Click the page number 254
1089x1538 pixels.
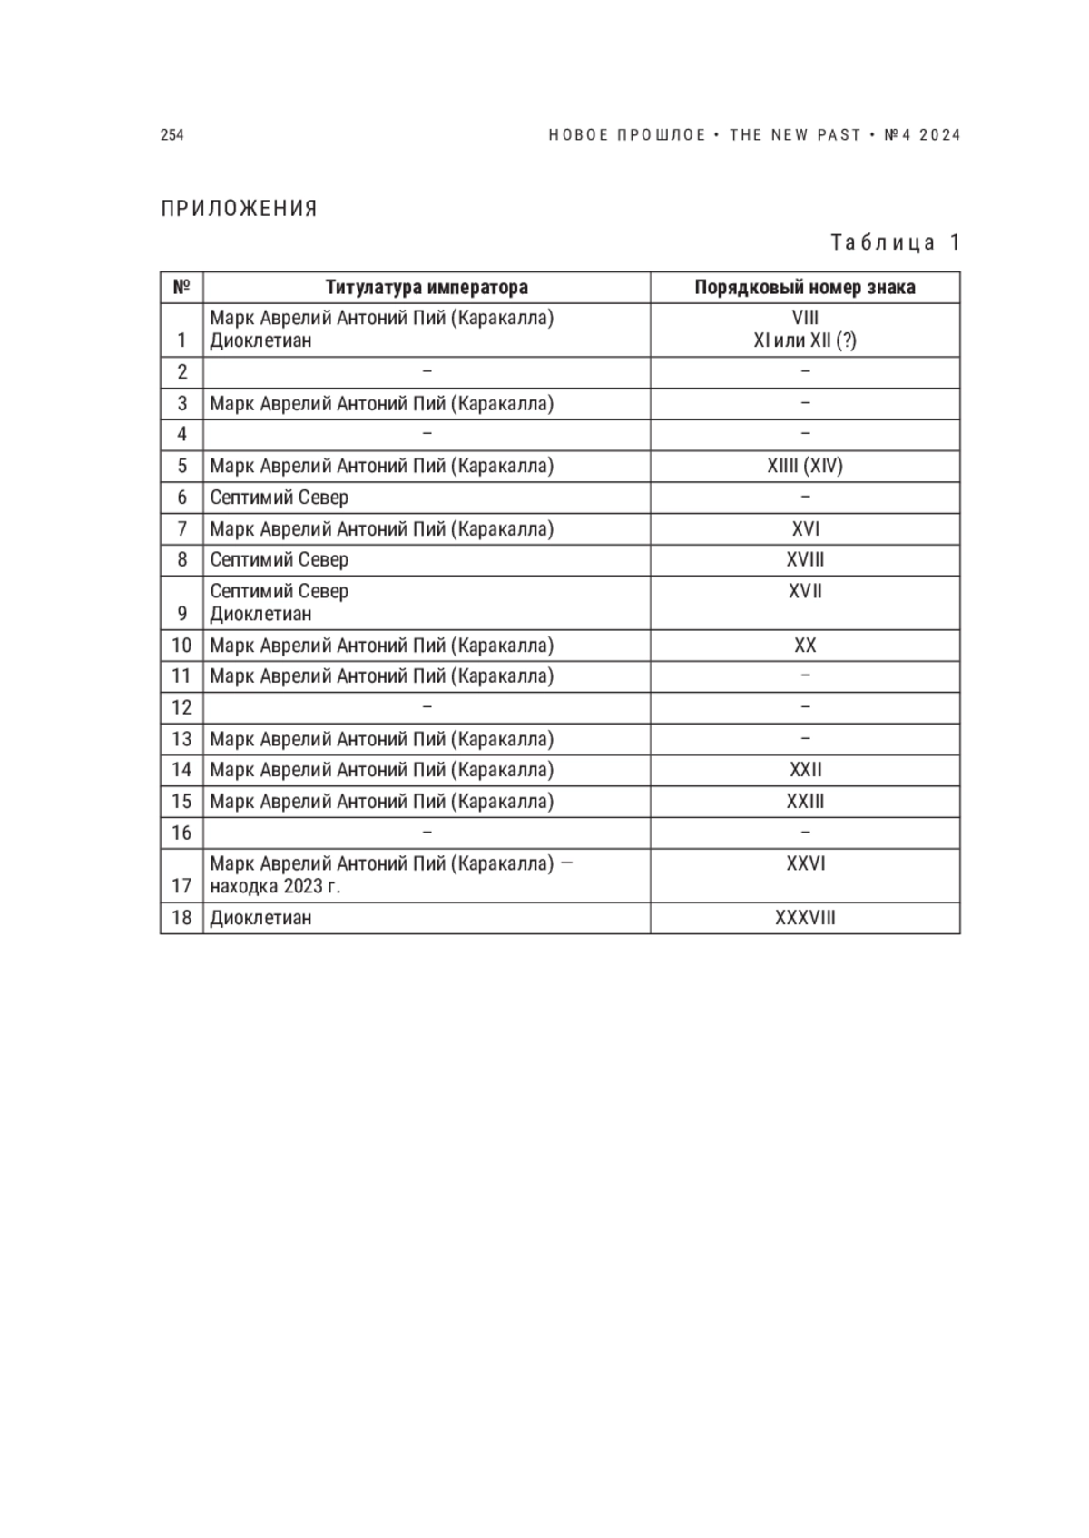[x=172, y=135]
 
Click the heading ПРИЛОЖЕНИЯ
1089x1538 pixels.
[x=240, y=209]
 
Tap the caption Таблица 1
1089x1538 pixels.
[x=895, y=242]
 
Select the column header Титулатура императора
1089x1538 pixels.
[x=427, y=288]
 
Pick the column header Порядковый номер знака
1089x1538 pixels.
[x=805, y=288]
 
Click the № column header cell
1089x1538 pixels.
[x=181, y=288]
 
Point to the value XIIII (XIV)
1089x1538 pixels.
[x=805, y=466]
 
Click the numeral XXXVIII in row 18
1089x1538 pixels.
[x=805, y=918]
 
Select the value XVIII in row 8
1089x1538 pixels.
[x=805, y=560]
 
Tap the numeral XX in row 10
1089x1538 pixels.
[x=805, y=646]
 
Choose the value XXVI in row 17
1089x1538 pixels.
[x=805, y=863]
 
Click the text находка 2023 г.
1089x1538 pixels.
[x=275, y=886]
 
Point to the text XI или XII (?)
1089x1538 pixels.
[x=805, y=341]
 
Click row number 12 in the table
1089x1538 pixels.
[x=181, y=707]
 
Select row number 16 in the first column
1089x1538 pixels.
[x=181, y=833]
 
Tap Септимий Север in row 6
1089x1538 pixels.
[x=280, y=498]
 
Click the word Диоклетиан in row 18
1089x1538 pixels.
[x=261, y=918]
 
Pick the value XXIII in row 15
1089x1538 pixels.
[x=805, y=802]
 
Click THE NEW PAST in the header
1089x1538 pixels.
[x=795, y=135]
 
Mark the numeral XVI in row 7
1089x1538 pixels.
[x=805, y=529]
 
